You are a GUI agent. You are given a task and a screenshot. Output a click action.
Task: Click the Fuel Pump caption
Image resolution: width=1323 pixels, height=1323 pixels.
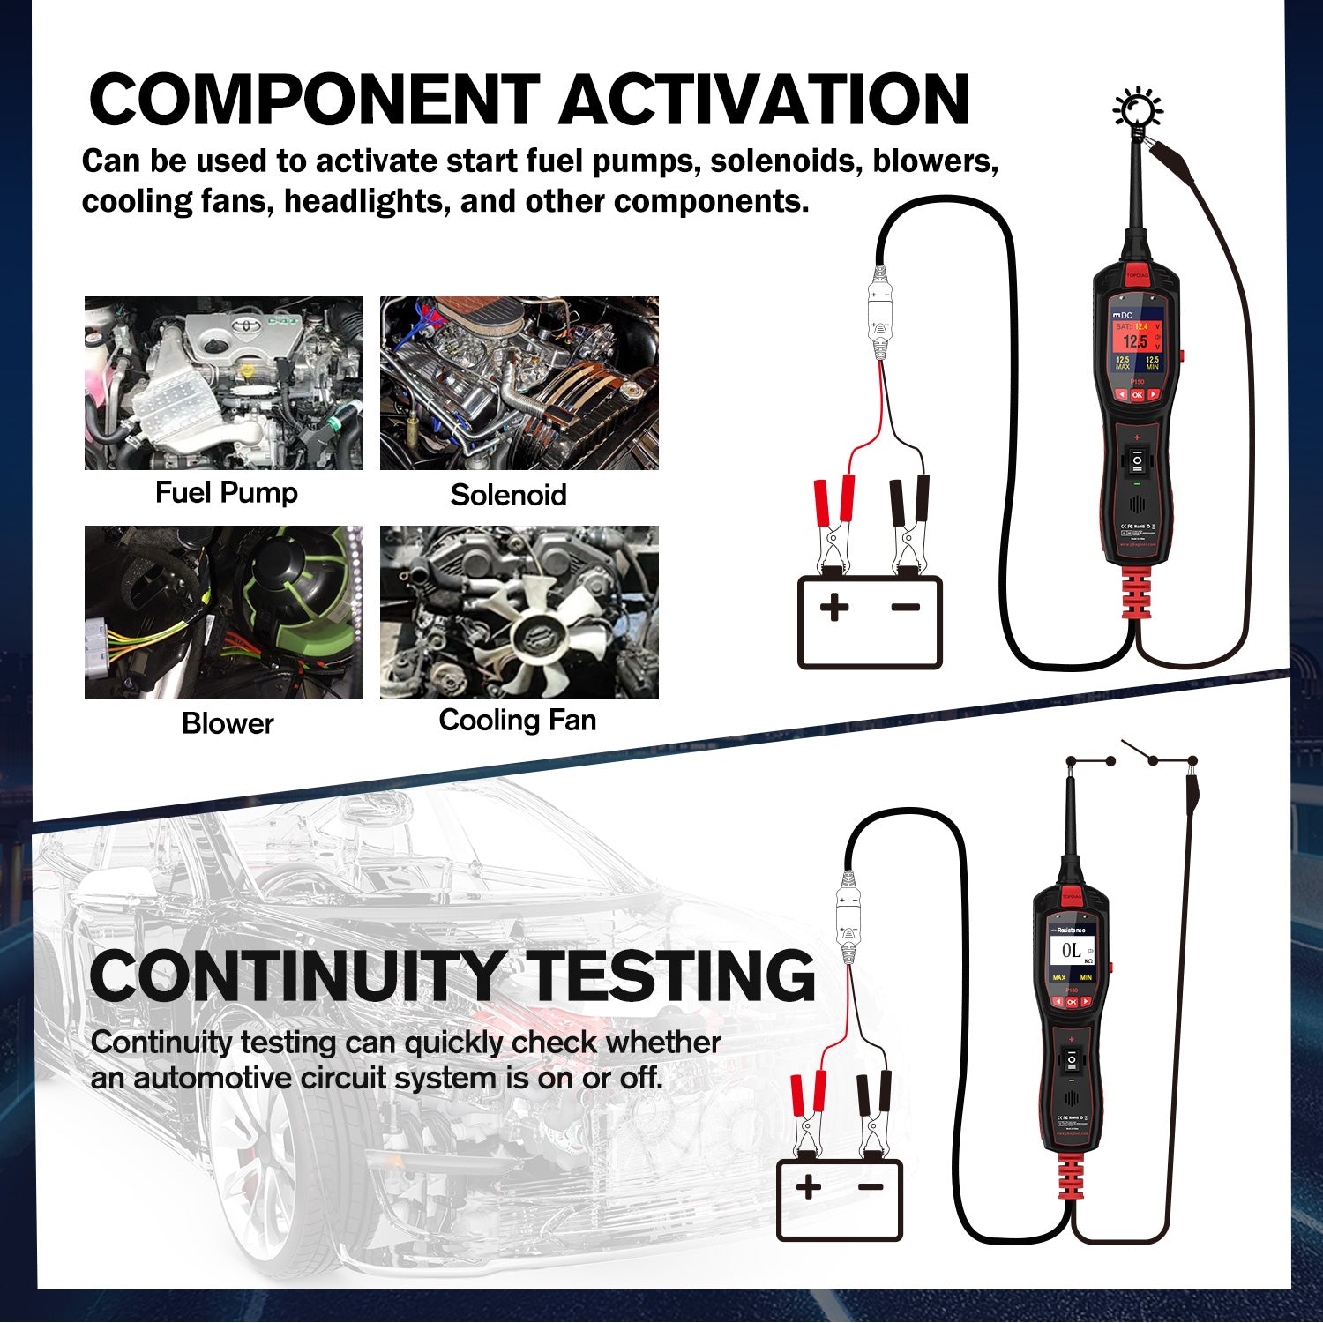[x=226, y=492]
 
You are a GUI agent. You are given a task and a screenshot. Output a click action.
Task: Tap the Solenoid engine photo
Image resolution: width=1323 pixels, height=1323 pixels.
[x=519, y=383]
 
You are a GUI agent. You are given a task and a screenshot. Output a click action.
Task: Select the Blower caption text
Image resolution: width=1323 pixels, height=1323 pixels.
[x=228, y=723]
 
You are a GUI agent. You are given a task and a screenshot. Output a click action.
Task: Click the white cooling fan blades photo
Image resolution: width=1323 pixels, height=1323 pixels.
[x=519, y=612]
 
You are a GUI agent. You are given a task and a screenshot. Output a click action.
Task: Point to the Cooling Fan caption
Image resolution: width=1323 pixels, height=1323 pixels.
[x=518, y=720]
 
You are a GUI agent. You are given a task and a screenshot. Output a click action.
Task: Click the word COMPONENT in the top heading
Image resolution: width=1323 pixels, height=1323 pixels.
[x=314, y=99]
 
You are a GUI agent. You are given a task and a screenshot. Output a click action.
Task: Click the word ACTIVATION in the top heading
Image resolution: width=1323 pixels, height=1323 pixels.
[x=764, y=99]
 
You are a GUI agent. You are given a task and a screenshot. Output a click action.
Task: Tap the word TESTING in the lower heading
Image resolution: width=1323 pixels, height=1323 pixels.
[x=672, y=975]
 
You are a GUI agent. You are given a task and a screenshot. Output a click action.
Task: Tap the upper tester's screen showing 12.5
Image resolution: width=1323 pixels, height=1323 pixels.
[x=1136, y=344]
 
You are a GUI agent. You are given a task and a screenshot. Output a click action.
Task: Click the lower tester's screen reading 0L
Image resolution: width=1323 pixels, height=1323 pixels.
[x=1072, y=953]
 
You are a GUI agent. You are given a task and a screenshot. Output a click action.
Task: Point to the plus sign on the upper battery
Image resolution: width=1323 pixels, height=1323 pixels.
[x=833, y=607]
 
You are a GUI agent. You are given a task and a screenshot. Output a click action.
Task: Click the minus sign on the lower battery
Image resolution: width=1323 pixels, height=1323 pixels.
[x=871, y=1186]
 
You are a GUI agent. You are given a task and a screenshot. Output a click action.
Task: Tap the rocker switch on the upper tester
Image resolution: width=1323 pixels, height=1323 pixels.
[x=1137, y=460]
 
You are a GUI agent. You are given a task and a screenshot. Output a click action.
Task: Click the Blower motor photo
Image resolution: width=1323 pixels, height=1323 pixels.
[x=223, y=612]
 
